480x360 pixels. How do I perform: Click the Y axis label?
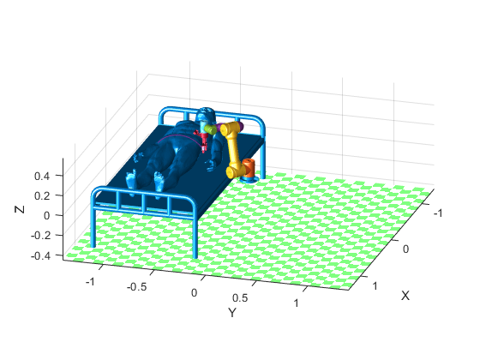tap(231, 313)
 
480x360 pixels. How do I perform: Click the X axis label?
tap(405, 295)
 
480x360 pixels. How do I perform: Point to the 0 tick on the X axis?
tap(406, 248)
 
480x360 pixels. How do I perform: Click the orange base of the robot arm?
tap(248, 169)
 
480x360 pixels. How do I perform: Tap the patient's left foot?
tap(159, 180)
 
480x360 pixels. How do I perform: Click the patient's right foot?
tap(130, 179)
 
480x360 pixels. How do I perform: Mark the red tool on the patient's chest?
tap(203, 139)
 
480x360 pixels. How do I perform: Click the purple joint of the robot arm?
tap(239, 128)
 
